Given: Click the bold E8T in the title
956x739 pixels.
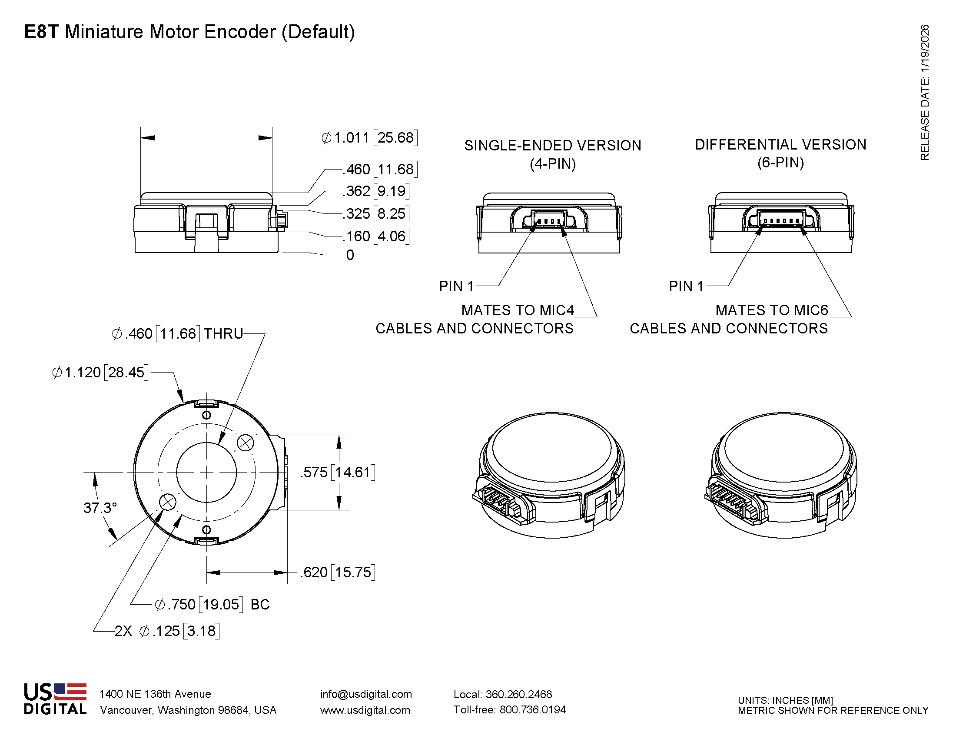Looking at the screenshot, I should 41,32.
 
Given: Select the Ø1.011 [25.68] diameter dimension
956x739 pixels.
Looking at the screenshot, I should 369,137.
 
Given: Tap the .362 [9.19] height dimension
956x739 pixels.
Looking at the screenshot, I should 375,191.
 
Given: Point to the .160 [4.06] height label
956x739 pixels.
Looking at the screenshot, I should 375,236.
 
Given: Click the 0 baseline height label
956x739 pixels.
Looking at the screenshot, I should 350,255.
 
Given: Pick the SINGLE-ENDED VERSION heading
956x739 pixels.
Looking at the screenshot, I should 552,145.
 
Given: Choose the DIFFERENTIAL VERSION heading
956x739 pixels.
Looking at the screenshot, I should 780,144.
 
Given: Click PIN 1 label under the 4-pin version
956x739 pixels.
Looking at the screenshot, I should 456,286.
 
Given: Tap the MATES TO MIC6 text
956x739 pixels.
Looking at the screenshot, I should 771,310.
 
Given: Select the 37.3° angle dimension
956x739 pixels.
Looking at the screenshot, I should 100,508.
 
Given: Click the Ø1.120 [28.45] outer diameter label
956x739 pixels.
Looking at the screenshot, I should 100,373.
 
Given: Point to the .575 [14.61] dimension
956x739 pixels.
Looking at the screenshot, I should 338,473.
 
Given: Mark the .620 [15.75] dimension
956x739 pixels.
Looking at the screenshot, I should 338,572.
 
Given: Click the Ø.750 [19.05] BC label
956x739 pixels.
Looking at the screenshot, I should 212,605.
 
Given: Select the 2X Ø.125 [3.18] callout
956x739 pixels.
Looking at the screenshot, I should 167,631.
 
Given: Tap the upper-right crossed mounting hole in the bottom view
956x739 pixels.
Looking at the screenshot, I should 245,443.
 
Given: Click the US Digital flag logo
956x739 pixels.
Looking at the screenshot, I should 55,699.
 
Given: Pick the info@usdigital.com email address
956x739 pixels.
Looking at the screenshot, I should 366,694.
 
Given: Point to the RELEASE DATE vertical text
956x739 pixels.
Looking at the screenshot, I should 924,92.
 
